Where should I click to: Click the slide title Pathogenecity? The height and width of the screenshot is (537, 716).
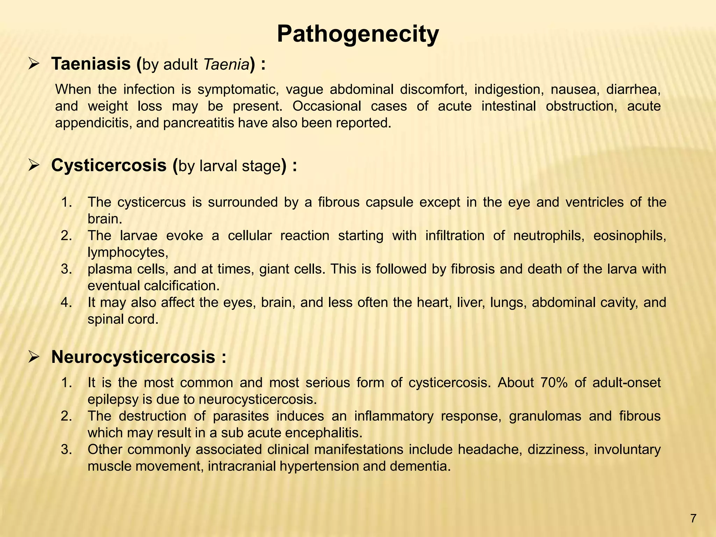tap(358, 35)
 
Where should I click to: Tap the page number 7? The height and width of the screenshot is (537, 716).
tap(694, 518)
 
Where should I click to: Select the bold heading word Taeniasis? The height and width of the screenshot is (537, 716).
tap(91, 64)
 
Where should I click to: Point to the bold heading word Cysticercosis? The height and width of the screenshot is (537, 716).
tap(109, 165)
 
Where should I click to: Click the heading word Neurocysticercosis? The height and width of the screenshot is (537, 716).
tap(133, 357)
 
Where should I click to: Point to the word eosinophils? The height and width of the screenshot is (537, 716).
tap(630, 236)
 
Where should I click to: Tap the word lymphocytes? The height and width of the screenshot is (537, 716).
tap(128, 252)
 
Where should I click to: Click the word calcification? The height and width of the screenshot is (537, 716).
tap(182, 286)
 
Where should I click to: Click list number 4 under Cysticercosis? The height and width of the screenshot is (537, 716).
tap(66, 303)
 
